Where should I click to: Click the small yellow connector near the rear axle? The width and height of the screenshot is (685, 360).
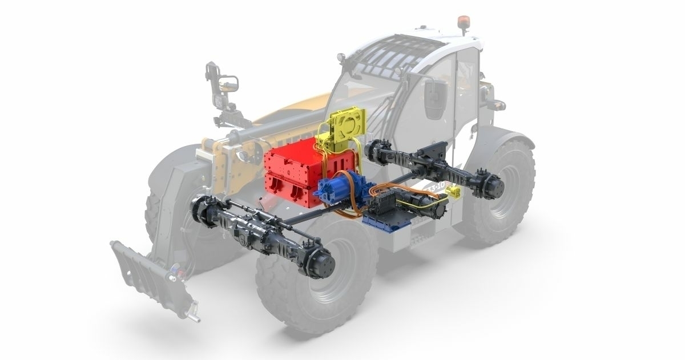[456, 192]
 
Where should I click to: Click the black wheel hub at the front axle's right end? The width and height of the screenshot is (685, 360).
[323, 264]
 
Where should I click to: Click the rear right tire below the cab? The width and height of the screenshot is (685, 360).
[502, 194]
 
